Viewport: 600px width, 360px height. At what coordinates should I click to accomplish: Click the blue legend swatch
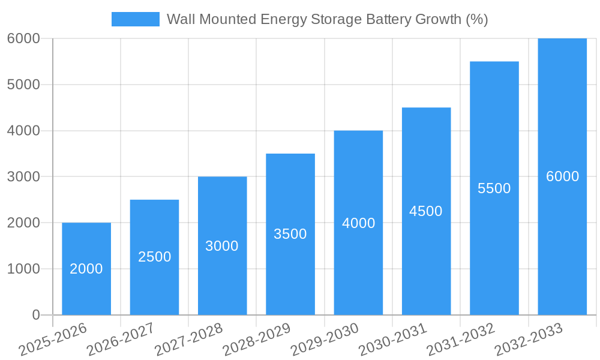[135, 19]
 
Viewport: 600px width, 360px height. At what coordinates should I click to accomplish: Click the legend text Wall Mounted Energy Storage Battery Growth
[327, 19]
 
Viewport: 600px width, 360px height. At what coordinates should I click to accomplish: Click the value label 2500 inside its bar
[154, 257]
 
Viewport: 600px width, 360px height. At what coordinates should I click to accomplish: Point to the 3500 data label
[290, 234]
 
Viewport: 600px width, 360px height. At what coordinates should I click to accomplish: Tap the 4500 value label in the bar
[426, 211]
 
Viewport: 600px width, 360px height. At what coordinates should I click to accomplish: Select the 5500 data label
[494, 188]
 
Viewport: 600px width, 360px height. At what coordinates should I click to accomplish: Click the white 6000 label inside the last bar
[562, 176]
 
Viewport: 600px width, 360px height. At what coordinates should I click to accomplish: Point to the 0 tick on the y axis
[35, 315]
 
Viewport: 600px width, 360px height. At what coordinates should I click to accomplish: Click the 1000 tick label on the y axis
[23, 269]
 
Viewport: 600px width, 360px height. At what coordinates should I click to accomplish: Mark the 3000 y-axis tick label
[23, 177]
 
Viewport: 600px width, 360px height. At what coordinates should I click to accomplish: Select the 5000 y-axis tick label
[23, 85]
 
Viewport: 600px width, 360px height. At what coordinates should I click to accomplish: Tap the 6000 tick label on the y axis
[23, 38]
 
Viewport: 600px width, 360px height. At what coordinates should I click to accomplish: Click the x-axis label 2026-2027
[121, 339]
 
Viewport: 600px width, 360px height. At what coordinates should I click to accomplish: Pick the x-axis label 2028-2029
[257, 339]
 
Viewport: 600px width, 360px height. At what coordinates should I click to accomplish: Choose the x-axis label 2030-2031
[393, 339]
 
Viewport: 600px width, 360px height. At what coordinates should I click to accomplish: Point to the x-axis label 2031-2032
[461, 339]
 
